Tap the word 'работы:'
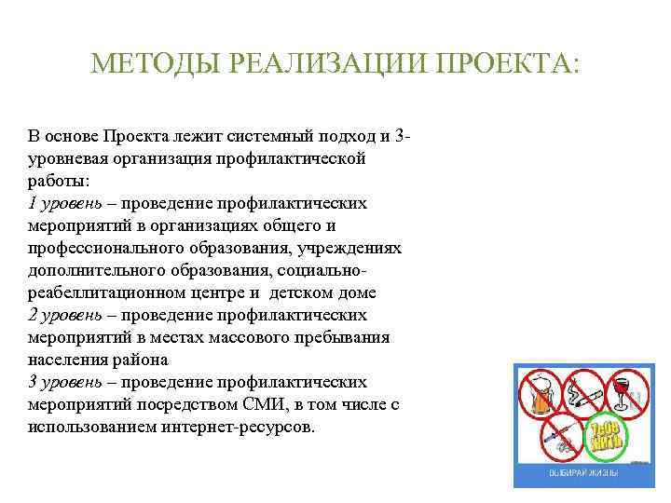point(59,181)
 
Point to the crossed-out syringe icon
point(559,436)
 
